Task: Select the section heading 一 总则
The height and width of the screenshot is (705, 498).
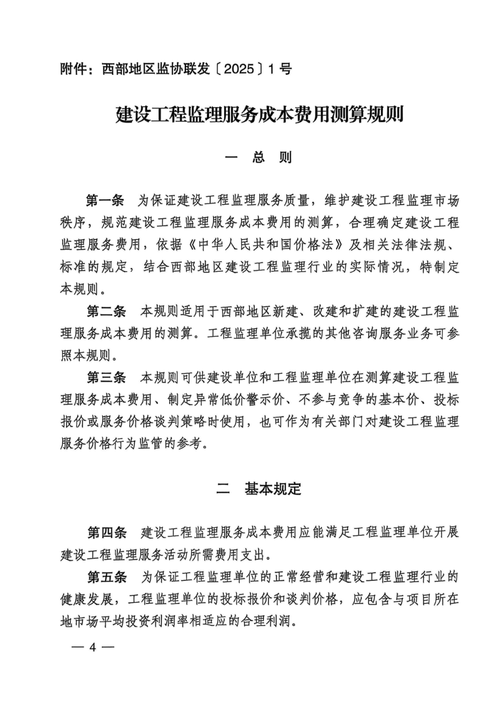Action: point(259,157)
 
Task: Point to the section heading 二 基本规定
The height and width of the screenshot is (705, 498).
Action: point(259,489)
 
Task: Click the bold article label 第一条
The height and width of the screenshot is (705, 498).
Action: point(105,200)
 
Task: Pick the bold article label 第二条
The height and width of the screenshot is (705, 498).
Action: point(106,311)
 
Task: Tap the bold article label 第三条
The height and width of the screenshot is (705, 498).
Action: point(106,378)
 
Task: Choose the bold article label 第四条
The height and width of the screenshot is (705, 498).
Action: point(107,532)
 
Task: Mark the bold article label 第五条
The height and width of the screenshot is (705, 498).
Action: point(107,577)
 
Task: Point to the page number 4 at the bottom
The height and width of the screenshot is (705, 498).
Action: point(93,647)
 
